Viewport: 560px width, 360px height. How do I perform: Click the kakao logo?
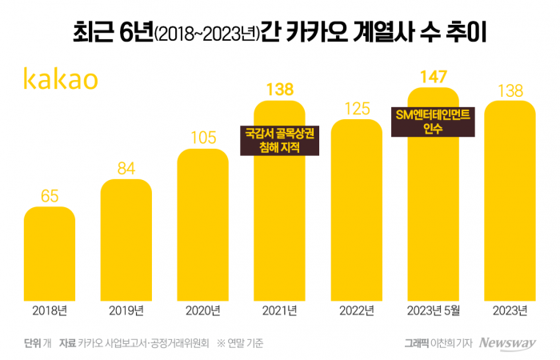pyautogui.click(x=61, y=79)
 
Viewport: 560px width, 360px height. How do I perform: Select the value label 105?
pyautogui.click(x=203, y=137)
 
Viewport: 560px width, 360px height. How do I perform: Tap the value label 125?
pyautogui.click(x=357, y=107)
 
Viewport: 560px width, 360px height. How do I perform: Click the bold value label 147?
pyautogui.click(x=433, y=76)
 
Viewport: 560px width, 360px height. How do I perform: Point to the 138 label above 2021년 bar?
pyautogui.click(x=280, y=90)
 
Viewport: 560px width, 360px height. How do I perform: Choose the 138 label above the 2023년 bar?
pyautogui.click(x=510, y=90)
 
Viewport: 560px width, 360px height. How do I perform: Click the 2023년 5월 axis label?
pyautogui.click(x=433, y=310)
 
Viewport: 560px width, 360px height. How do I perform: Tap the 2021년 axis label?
pyautogui.click(x=280, y=310)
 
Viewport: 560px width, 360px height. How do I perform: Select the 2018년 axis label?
pyautogui.click(x=50, y=310)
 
